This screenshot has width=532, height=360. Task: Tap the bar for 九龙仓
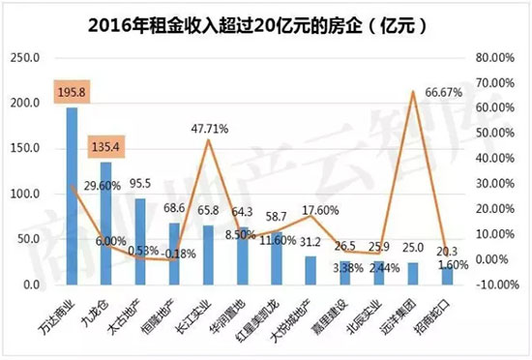pos(105,224)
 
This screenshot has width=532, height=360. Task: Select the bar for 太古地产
pos(139,242)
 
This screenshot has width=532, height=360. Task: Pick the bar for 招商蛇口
pos(446,275)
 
